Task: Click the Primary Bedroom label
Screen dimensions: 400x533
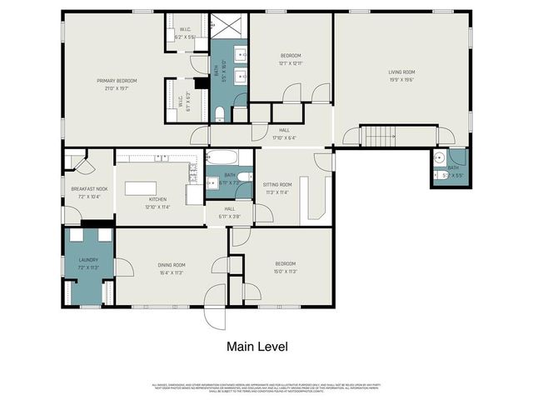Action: point(117,80)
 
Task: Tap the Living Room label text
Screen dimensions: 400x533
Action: point(401,72)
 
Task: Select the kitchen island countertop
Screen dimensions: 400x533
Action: point(145,187)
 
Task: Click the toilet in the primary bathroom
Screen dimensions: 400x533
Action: point(219,114)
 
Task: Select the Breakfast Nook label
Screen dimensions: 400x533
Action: point(89,189)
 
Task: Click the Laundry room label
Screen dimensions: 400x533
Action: point(88,261)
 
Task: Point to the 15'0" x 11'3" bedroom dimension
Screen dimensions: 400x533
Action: point(285,272)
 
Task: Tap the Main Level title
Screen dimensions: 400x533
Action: point(257,345)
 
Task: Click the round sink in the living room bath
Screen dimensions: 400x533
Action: point(439,157)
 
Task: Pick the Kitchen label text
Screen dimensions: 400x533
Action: point(157,200)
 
